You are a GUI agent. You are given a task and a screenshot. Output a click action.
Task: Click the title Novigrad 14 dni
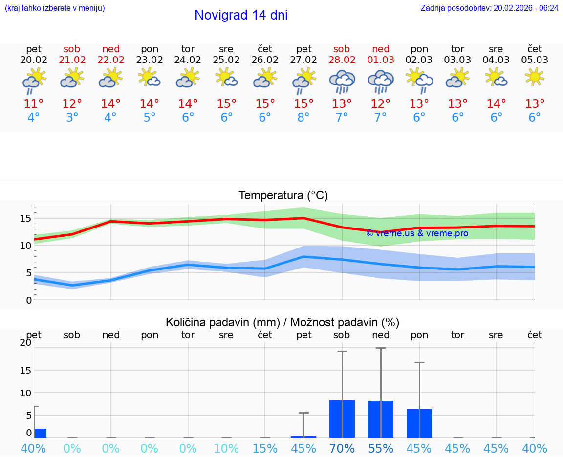coord(241,15)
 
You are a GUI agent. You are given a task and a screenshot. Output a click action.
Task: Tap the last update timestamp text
coord(489,8)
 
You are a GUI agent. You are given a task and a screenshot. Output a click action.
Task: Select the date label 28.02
coord(342,60)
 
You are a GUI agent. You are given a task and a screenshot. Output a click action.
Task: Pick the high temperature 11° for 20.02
coord(34,104)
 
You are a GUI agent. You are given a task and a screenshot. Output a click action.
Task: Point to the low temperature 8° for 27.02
coord(303,118)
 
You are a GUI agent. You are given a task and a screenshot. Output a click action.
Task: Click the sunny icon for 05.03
coord(535,77)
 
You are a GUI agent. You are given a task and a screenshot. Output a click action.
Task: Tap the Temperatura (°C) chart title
coord(283,196)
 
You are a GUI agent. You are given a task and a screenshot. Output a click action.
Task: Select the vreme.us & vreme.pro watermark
coord(417,233)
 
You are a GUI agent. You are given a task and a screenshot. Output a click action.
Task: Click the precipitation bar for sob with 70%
coord(342,419)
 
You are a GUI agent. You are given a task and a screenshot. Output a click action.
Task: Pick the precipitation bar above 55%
coord(381,419)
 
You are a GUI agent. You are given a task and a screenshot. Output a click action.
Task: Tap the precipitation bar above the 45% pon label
coord(419,423)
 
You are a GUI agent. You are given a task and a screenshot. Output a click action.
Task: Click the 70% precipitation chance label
coord(342,448)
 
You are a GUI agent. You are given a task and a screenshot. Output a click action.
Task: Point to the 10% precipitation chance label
coord(226,448)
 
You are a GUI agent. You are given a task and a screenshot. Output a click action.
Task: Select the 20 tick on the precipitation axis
coord(25,343)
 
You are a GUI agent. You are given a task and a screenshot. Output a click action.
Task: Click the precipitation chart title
coord(282,322)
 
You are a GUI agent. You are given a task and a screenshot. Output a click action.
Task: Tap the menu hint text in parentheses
coord(54,8)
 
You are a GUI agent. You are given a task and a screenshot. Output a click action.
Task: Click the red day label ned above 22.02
coord(111,49)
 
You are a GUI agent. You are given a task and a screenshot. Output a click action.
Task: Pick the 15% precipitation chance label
coord(265,448)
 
